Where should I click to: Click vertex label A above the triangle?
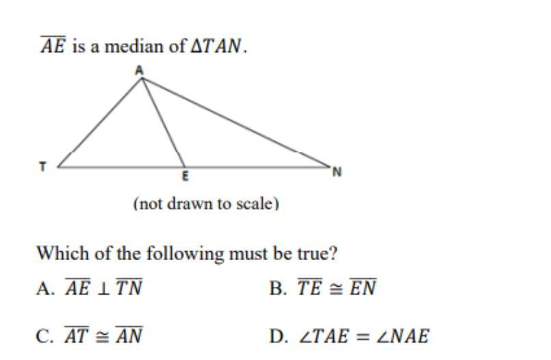tap(140, 70)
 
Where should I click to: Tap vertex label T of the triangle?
tap(42, 166)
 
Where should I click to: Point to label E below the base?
tap(184, 176)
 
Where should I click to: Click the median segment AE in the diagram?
tap(163, 122)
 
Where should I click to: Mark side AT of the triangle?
tap(100, 122)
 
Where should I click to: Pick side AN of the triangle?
tap(236, 122)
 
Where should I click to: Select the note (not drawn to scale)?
tap(206, 204)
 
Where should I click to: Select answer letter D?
tap(277, 337)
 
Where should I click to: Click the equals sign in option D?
tap(369, 337)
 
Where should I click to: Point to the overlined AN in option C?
tap(128, 336)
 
